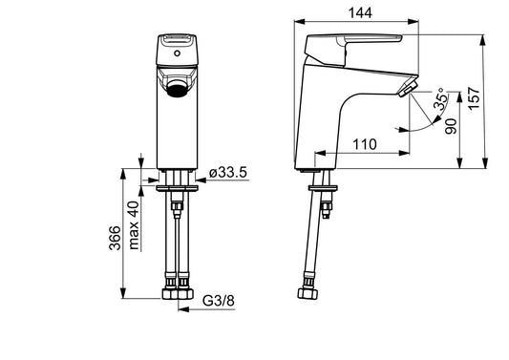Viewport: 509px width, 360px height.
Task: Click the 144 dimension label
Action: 360,12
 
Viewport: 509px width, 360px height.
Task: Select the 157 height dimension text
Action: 475,98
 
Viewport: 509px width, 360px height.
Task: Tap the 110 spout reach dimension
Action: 365,144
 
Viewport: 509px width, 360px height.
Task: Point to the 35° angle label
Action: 440,98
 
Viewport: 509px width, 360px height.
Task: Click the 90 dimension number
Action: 451,126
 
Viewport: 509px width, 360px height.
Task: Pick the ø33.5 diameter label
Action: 228,172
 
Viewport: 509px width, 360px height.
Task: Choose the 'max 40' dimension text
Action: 134,225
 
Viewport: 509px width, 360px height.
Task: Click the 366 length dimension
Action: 115,238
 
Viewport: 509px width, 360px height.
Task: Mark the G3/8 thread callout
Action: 218,301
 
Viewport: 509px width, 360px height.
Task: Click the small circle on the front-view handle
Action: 177,53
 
